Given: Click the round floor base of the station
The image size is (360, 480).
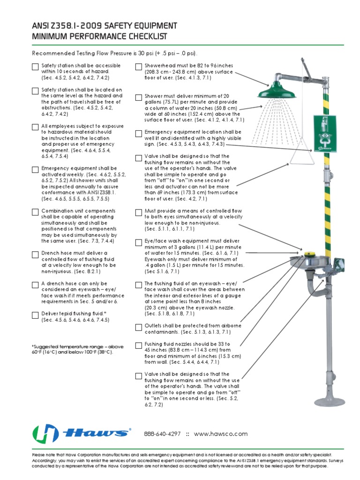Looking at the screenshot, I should (x=330, y=401).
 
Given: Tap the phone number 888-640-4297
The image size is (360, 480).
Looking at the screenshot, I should (x=162, y=434).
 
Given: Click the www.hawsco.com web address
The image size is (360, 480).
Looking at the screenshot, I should (x=220, y=434).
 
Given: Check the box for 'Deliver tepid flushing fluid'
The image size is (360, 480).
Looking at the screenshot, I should (x=35, y=315).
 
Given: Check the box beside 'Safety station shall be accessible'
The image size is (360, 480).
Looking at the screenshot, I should (x=35, y=67).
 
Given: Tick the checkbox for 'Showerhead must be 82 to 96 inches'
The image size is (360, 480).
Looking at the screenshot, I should (x=138, y=67).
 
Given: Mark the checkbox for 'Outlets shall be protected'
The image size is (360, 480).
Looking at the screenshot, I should (x=138, y=327).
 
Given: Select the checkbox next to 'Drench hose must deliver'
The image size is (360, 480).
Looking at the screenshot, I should (x=35, y=255).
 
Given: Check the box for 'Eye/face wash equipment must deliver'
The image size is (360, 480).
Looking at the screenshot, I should (x=138, y=242).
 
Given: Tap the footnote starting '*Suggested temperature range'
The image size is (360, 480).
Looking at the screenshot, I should (x=77, y=350).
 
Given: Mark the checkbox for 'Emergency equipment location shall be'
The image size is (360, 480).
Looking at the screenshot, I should (x=138, y=134).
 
